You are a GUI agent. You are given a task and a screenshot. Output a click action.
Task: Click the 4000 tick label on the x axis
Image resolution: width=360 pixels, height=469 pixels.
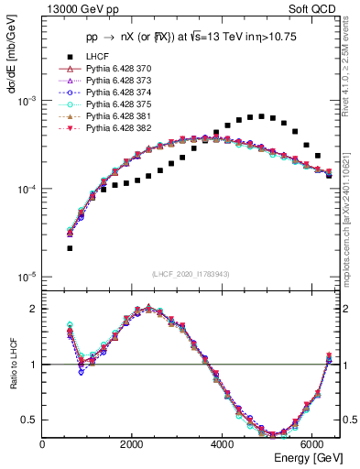point(223,445)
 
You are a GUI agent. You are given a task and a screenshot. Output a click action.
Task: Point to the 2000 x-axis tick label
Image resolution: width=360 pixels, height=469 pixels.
point(133,445)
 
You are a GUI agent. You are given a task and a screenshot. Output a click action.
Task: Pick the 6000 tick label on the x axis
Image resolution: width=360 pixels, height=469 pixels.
point(312,445)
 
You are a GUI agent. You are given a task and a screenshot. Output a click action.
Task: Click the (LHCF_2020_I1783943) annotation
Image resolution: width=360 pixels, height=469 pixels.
point(190,274)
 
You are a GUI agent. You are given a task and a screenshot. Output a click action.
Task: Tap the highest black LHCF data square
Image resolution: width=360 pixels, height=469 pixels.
point(261,116)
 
